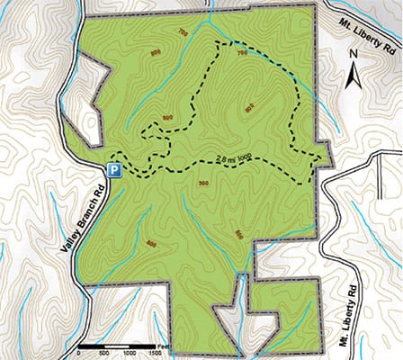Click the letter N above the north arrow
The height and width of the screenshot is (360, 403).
355,56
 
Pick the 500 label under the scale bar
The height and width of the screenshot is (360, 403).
104,354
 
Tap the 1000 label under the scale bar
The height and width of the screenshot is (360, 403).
130,354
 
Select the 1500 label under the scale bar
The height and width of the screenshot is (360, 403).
158,354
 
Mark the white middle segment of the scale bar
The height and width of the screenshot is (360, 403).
118,346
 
